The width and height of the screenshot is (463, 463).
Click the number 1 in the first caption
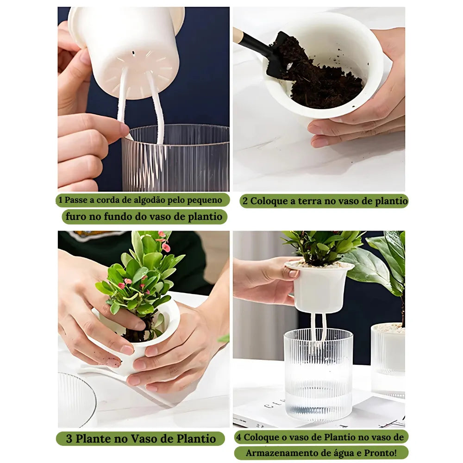pyautogui.click(x=60, y=200)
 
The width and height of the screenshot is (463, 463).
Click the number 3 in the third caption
pyautogui.click(x=69, y=438)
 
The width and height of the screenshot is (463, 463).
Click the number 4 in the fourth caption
pyautogui.click(x=239, y=437)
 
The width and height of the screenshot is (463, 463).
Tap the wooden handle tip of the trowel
pyautogui.click(x=238, y=34)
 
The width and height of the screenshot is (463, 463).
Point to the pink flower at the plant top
pyautogui.click(x=165, y=246)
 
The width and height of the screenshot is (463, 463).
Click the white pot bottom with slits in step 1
pyautogui.click(x=139, y=69)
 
